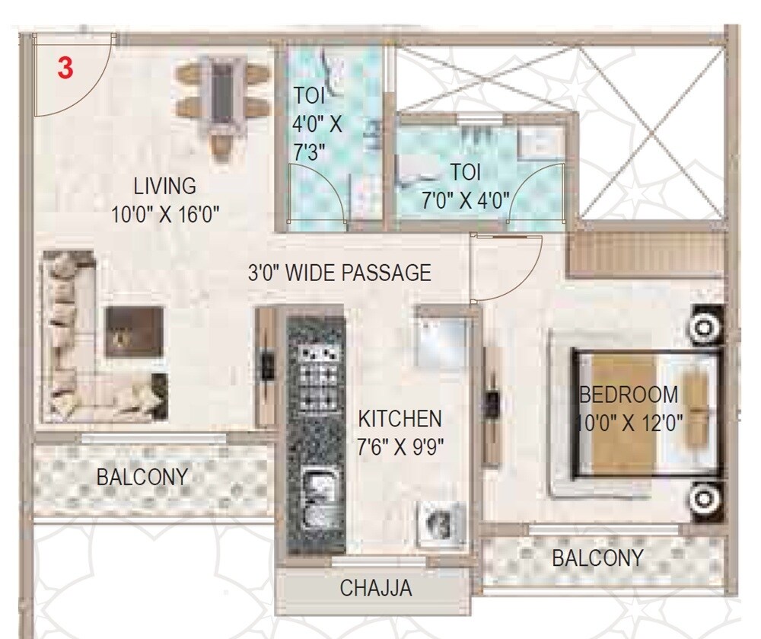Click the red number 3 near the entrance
tap(66, 68)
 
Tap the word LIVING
tap(165, 186)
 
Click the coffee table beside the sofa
tap(134, 332)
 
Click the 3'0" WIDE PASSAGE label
tap(339, 273)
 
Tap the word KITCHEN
tap(400, 418)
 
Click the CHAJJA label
tap(376, 588)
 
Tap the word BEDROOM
tap(629, 395)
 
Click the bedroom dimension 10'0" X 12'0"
tap(632, 420)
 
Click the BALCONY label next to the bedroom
tap(597, 558)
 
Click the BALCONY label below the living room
tap(142, 478)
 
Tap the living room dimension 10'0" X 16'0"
tap(165, 214)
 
